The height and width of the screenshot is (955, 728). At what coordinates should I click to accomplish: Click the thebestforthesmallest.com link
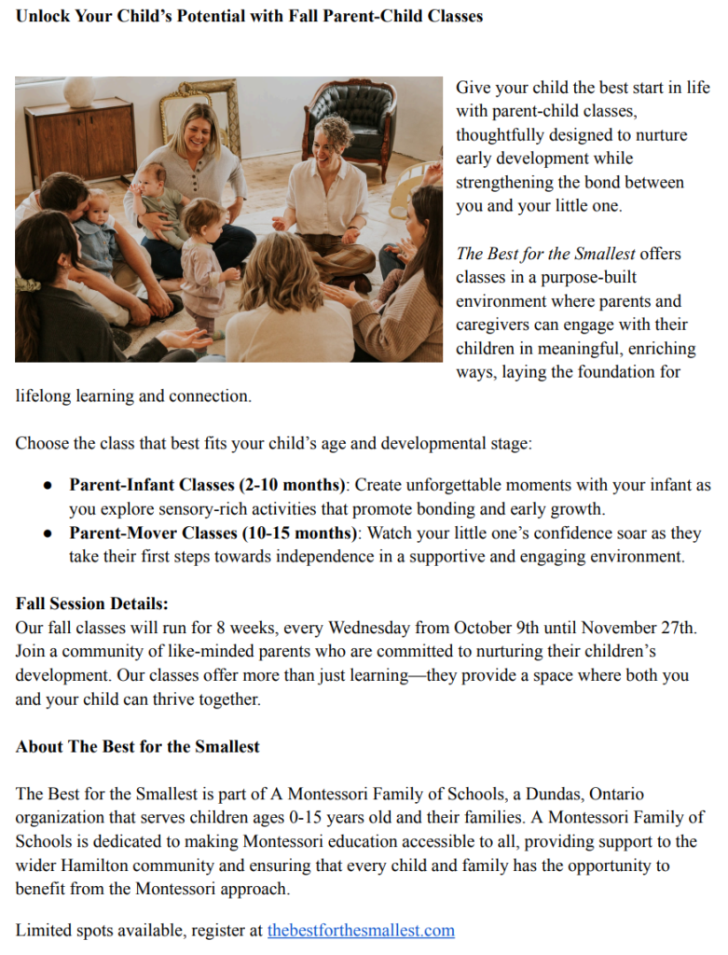pos(361,930)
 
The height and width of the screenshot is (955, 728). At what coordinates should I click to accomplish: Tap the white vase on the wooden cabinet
pos(78,91)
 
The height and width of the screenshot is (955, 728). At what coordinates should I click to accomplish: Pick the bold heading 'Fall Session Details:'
pos(92,603)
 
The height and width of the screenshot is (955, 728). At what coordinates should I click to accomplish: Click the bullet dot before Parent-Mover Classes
pos(48,533)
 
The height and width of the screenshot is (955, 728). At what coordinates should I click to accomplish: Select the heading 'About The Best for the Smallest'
pos(138,746)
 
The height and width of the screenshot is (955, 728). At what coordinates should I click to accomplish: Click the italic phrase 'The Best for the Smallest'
pos(545,254)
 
